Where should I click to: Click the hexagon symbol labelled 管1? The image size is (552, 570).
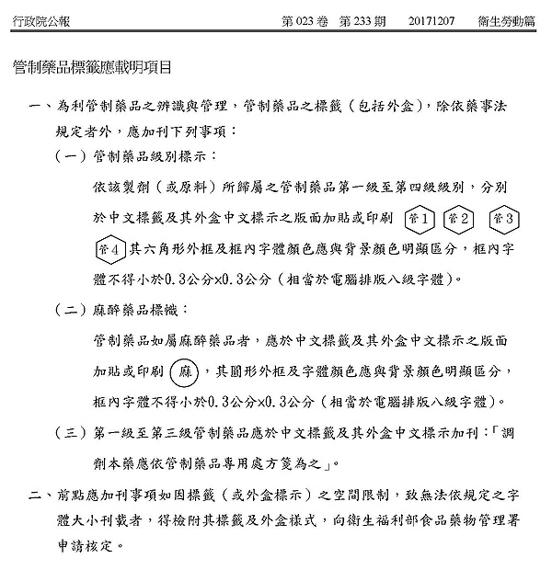pyautogui.click(x=420, y=219)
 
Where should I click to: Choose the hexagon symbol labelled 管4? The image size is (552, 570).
pyautogui.click(x=110, y=249)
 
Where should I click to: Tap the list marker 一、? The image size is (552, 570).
pyautogui.click(x=40, y=108)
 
